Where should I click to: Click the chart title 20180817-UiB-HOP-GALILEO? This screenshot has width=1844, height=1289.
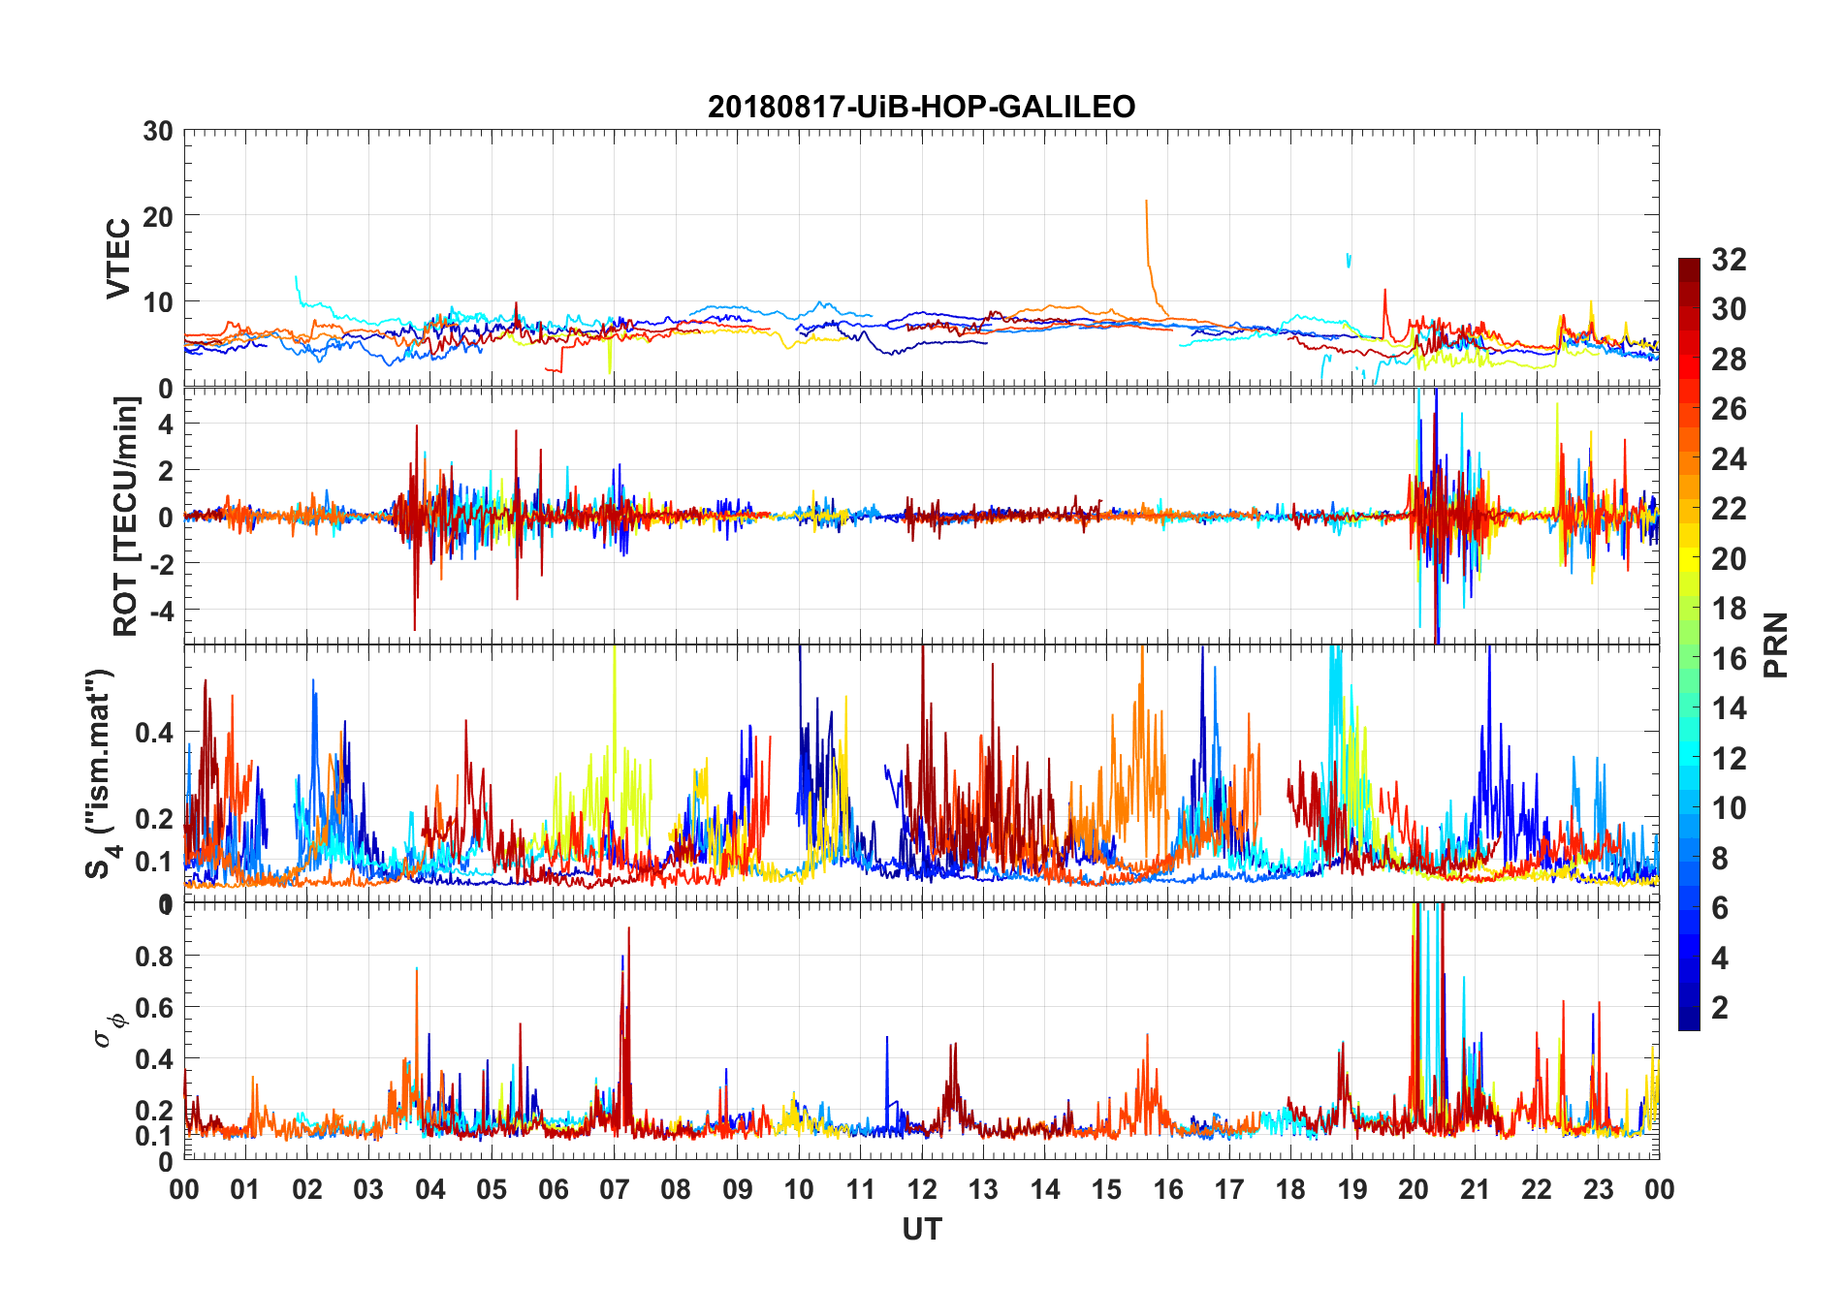pyautogui.click(x=921, y=107)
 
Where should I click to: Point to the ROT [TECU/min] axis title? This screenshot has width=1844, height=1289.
pyautogui.click(x=126, y=516)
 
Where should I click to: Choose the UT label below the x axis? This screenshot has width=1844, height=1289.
pyautogui.click(x=921, y=1230)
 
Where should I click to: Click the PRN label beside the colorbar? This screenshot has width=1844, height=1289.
pyautogui.click(x=1775, y=644)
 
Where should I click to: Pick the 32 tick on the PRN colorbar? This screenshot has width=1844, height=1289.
pyautogui.click(x=1729, y=260)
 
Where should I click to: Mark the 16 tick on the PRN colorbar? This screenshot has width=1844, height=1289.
pyautogui.click(x=1729, y=659)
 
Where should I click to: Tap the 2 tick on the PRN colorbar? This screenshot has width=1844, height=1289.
pyautogui.click(x=1720, y=1008)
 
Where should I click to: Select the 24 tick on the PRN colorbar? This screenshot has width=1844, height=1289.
pyautogui.click(x=1729, y=459)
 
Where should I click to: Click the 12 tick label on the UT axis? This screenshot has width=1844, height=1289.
pyautogui.click(x=922, y=1189)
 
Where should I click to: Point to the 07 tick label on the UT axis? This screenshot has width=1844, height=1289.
pyautogui.click(x=615, y=1189)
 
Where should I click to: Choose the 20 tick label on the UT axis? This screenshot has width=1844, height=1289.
pyautogui.click(x=1414, y=1189)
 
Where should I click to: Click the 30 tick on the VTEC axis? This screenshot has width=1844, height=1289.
pyautogui.click(x=158, y=132)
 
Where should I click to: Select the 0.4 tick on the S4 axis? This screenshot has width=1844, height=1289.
pyautogui.click(x=154, y=732)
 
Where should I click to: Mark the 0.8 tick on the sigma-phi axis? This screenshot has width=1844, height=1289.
pyautogui.click(x=154, y=956)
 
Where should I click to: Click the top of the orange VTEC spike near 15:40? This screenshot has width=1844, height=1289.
pyautogui.click(x=1146, y=202)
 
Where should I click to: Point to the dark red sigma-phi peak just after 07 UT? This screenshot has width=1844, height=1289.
pyautogui.click(x=628, y=928)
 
